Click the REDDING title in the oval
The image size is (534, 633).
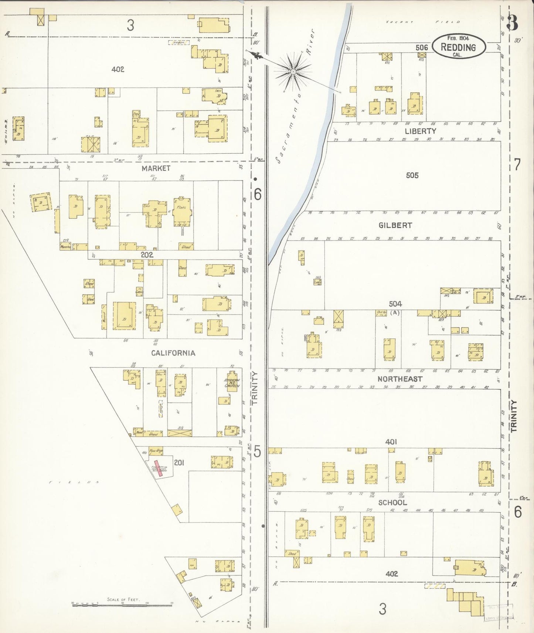(x=458, y=47)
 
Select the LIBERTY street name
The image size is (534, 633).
(x=420, y=131)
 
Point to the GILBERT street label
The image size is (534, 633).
(x=395, y=225)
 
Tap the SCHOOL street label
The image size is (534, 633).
(x=392, y=503)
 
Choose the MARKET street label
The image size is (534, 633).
(x=156, y=168)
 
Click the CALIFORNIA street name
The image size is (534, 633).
(x=173, y=353)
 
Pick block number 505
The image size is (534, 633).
(x=412, y=175)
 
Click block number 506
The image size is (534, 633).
(x=421, y=47)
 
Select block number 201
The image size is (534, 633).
(x=179, y=462)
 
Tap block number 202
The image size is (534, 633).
(x=147, y=255)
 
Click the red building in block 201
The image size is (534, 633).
(x=158, y=468)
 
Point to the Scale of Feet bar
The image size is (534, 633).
(x=122, y=604)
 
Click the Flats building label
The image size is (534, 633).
(x=181, y=208)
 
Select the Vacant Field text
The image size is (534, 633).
(x=423, y=22)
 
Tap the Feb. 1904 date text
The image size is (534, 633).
(x=458, y=38)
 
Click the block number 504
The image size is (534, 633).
(x=395, y=304)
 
